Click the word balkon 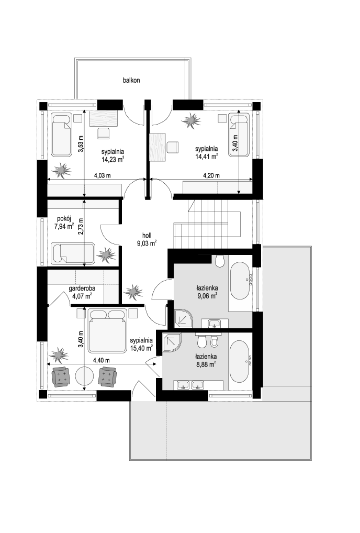point(131,81)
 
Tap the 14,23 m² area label point(113,159)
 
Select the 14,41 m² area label point(206,157)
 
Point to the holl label point(147,235)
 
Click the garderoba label point(82,288)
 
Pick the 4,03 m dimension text point(103,176)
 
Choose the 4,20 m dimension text point(211,176)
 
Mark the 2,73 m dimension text point(81,227)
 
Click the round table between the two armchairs point(84,376)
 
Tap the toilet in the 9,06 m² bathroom point(219,261)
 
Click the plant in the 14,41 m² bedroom point(191,120)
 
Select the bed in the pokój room point(73,253)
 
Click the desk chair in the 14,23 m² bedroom point(104,133)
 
